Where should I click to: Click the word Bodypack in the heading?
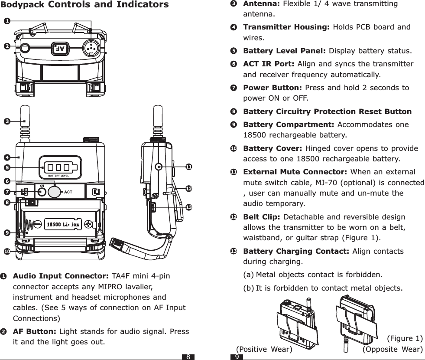point(21,5)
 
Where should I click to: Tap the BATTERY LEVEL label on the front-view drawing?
point(58,175)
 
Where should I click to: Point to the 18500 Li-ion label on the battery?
point(63,224)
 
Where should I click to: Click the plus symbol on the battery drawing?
point(89,224)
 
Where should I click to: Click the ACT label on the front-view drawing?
point(68,192)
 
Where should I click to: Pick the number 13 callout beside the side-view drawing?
point(188,208)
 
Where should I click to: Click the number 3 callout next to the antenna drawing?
point(6,121)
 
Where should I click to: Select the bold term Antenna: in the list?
point(261,4)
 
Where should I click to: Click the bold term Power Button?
point(273,88)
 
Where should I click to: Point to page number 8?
point(188,357)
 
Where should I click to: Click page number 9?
point(237,357)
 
